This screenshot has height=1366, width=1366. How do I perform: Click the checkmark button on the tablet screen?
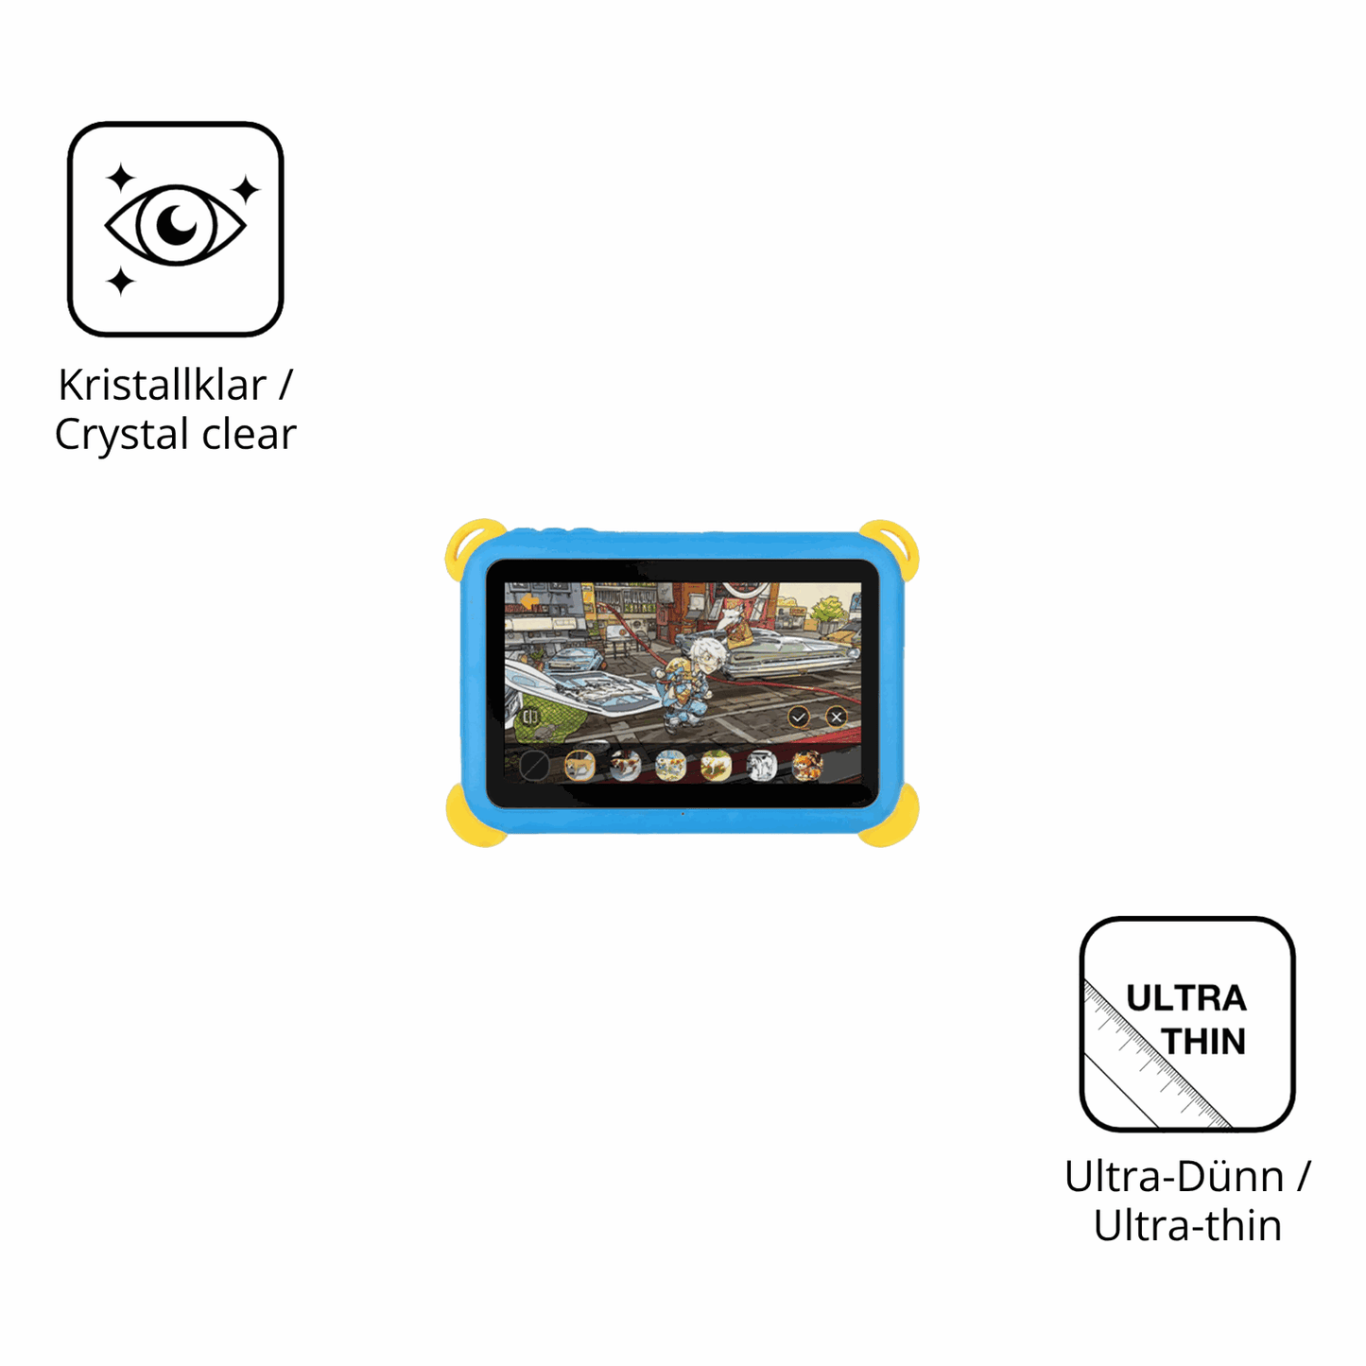[x=798, y=718]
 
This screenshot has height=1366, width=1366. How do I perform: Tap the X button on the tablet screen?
[x=837, y=718]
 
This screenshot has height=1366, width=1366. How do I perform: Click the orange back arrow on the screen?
[x=529, y=602]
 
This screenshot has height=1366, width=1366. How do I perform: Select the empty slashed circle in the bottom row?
[x=534, y=766]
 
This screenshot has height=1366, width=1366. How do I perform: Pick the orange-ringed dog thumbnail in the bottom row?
[x=579, y=766]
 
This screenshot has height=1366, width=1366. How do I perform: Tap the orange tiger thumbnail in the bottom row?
[x=807, y=766]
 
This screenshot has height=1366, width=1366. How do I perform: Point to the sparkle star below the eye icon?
[x=120, y=282]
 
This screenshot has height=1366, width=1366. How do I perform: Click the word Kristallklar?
[x=163, y=385]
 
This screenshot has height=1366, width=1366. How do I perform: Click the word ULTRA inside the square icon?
[x=1186, y=998]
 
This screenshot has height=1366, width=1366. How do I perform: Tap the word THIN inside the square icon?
[x=1203, y=1042]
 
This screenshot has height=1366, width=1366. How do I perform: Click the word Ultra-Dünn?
[x=1174, y=1177]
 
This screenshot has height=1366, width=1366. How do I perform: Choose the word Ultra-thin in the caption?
[x=1187, y=1226]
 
